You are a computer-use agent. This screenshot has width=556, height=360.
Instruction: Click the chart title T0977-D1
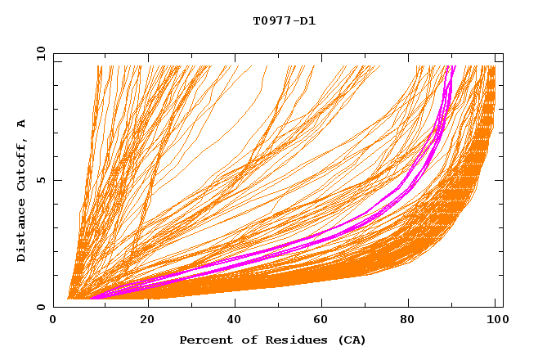click(284, 21)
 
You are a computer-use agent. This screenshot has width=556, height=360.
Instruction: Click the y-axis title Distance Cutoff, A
click(22, 191)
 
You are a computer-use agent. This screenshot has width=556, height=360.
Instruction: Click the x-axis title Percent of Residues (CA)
click(272, 340)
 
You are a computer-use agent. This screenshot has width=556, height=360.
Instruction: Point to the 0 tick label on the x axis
click(54, 319)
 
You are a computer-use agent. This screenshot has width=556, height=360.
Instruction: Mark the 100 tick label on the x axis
click(495, 319)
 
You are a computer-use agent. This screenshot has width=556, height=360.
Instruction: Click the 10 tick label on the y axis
click(40, 53)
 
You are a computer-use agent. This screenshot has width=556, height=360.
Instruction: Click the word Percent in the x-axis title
click(204, 340)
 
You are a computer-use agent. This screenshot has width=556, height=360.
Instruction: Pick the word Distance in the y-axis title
click(22, 232)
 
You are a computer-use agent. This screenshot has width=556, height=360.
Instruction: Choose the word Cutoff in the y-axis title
click(22, 164)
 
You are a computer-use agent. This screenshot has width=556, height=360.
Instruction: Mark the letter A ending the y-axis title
click(22, 124)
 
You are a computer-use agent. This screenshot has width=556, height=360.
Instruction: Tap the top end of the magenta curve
click(451, 67)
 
